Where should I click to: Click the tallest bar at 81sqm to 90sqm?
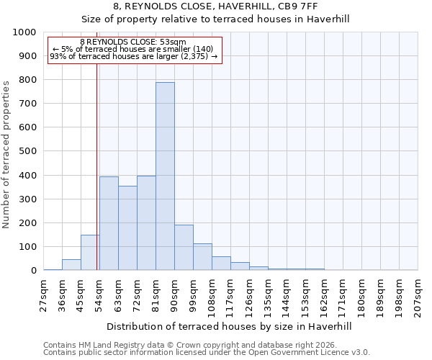(x=165, y=176)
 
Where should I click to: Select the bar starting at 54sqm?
(x=109, y=223)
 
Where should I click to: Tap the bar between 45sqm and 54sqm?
(x=90, y=253)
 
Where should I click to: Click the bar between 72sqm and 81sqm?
(x=146, y=223)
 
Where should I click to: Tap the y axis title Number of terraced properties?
(x=6, y=154)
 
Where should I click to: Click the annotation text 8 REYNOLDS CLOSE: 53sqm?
(x=132, y=42)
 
